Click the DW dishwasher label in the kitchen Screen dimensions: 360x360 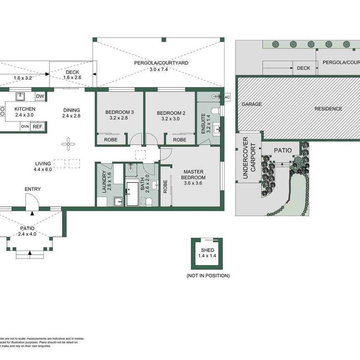(40, 97)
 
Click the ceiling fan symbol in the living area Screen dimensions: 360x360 (67, 144)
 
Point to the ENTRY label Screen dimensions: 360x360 (32, 189)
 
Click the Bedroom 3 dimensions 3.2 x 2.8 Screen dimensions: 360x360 (119, 118)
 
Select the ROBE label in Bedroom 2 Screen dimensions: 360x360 (180, 140)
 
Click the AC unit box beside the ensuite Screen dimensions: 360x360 (227, 97)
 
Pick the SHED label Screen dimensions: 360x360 (207, 250)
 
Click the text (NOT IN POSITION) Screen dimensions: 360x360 (207, 276)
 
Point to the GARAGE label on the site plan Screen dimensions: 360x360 (252, 104)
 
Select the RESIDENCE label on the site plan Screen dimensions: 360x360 (328, 109)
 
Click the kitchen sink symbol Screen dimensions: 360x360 (20, 97)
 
